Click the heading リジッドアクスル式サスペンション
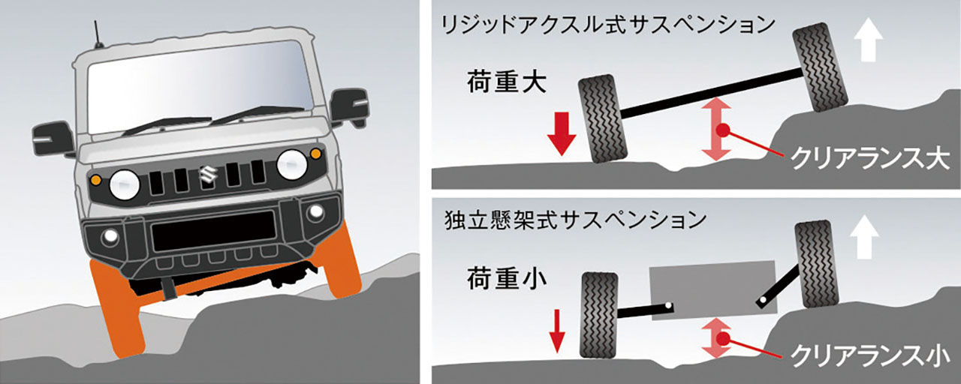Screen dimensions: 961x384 point(608,25)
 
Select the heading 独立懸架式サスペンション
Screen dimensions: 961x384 point(575,220)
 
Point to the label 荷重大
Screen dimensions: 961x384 point(506,82)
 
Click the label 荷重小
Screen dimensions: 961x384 point(506,278)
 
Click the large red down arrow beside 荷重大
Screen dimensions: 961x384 point(561,133)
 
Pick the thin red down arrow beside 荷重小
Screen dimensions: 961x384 point(557,331)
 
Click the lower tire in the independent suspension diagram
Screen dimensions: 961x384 point(600,315)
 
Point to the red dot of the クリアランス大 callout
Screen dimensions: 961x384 point(723,130)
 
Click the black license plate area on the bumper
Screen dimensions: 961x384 point(214,230)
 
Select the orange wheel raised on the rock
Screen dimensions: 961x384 point(342,261)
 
